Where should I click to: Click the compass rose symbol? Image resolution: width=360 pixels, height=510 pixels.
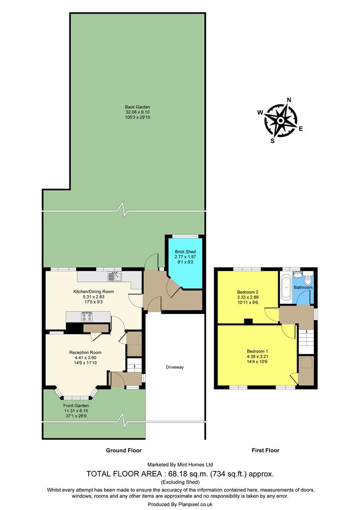coord(280,120)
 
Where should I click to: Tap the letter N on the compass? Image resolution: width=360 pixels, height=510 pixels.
coord(289,100)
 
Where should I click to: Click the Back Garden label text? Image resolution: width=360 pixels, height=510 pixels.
coord(137,107)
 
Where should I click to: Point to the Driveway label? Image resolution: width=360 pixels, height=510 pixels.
coord(175,367)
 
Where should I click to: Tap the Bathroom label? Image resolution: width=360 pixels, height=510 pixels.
coord(303,287)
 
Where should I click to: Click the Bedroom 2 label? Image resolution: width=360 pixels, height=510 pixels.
coord(247,292)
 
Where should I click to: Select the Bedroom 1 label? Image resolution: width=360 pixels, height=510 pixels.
coord(257,351)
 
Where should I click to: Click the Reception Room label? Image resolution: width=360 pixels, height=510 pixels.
coord(85,352)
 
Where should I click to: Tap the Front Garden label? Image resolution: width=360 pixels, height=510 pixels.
coord(76,406)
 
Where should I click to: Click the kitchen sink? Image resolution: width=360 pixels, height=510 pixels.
coord(115,276)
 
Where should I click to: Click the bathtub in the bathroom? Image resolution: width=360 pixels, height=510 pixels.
coord(286,289)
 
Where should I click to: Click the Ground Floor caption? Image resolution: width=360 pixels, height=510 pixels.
coord(124,450)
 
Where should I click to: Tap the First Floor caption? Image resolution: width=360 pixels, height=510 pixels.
coord(265,450)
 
